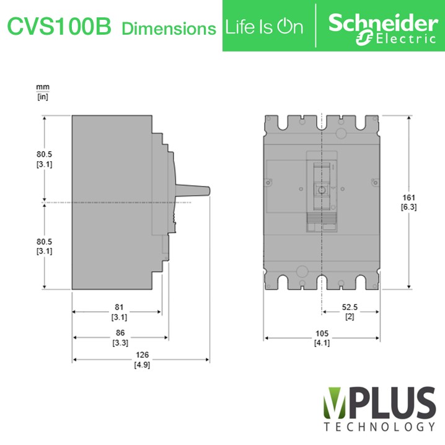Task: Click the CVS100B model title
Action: pyautogui.click(x=59, y=27)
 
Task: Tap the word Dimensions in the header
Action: pyautogui.click(x=169, y=28)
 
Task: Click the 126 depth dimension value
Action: pyautogui.click(x=142, y=356)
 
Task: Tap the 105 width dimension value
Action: pyautogui.click(x=322, y=334)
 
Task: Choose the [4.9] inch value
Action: pyautogui.click(x=142, y=365)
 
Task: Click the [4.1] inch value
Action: pyautogui.click(x=322, y=343)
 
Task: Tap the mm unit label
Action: pyautogui.click(x=43, y=87)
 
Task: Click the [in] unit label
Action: pyautogui.click(x=43, y=97)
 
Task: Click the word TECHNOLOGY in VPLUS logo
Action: pyautogui.click(x=379, y=427)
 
